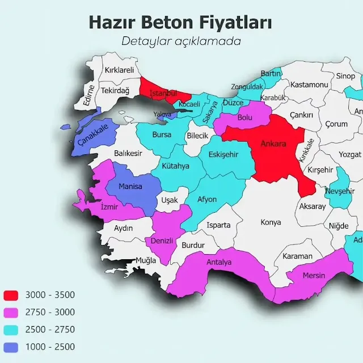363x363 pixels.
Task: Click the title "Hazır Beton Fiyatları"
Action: pyautogui.click(x=180, y=23)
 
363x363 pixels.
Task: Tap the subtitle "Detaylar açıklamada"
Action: pyautogui.click(x=181, y=41)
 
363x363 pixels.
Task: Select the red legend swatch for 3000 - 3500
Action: pyautogui.click(x=11, y=295)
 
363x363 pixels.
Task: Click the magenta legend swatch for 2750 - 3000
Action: pyautogui.click(x=11, y=312)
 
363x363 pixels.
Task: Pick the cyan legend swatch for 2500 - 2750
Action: pyautogui.click(x=11, y=330)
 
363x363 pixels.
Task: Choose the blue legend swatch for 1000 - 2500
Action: pyautogui.click(x=11, y=347)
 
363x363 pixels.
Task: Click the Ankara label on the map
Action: pyautogui.click(x=273, y=143)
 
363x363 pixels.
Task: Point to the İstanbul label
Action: pyautogui.click(x=163, y=92)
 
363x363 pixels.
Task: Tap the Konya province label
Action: pyautogui.click(x=271, y=222)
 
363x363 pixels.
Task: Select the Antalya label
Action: pyautogui.click(x=219, y=263)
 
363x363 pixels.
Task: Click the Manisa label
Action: pyautogui.click(x=130, y=186)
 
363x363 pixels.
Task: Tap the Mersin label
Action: pyautogui.click(x=314, y=275)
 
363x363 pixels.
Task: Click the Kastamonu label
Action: pyautogui.click(x=309, y=85)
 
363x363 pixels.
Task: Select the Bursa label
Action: pyautogui.click(x=162, y=135)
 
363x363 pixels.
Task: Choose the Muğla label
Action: pyautogui.click(x=146, y=260)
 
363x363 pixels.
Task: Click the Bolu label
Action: pyautogui.click(x=244, y=118)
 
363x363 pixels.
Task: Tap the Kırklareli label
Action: pyautogui.click(x=119, y=70)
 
